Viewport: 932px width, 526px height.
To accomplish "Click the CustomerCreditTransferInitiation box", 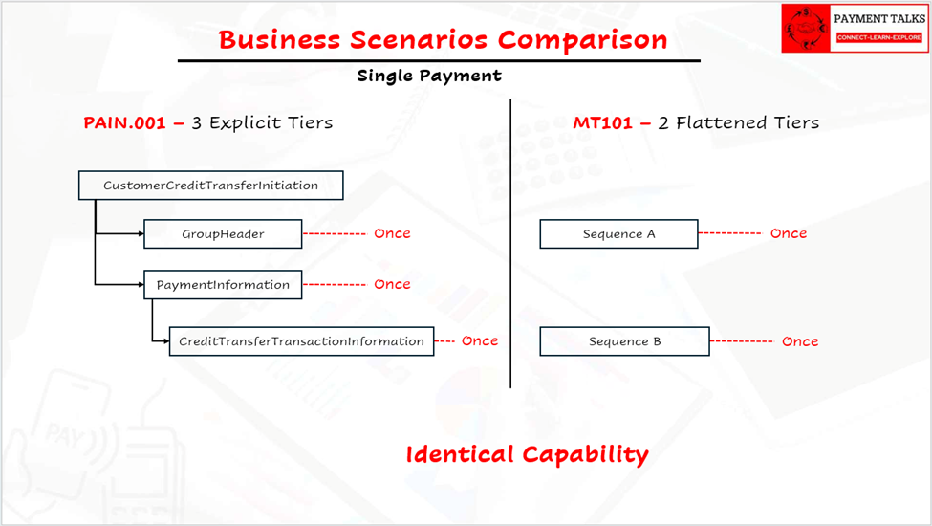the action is [211, 186].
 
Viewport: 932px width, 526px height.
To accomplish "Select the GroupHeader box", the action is [223, 233].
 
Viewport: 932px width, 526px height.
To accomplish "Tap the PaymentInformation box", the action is [223, 285].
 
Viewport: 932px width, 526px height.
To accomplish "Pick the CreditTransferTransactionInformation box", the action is [301, 341].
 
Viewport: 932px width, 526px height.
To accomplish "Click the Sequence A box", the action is [618, 233].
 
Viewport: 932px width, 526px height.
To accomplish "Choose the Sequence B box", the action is [625, 341].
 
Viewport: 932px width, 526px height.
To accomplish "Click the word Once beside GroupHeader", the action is [392, 233].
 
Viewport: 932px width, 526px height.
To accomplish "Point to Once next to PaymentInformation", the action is [392, 284].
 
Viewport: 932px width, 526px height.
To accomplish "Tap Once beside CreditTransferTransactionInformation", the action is [480, 340].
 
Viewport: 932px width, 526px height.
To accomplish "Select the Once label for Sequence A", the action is [789, 233].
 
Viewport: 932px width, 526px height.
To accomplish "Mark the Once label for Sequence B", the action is [800, 341].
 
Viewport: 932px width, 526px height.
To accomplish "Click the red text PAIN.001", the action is [124, 123].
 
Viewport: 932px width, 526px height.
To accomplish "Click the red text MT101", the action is [603, 123].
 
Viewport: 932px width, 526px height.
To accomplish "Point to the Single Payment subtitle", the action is [429, 77].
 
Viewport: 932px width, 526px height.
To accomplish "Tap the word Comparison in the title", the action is [582, 40].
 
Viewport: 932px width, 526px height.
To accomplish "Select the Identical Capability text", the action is [528, 454].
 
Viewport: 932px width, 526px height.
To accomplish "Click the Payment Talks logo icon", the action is [806, 29].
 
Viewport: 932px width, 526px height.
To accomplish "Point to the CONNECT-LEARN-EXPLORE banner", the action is [879, 37].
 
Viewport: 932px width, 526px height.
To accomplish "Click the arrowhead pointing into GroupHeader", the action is [141, 233].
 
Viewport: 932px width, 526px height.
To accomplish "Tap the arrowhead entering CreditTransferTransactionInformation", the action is [166, 341].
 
